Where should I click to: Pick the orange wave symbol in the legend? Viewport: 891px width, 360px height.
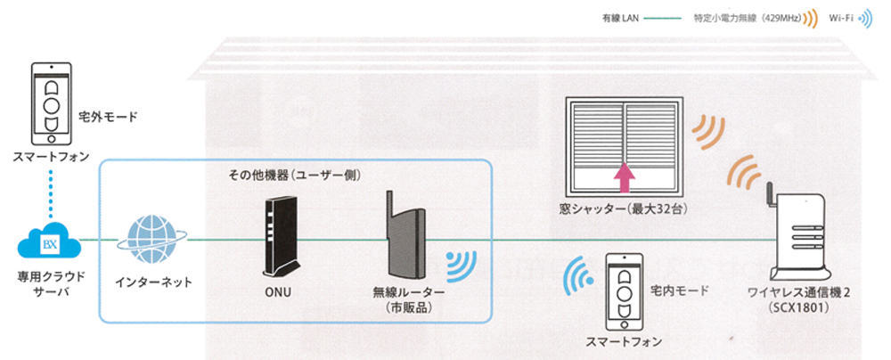[x=812, y=17]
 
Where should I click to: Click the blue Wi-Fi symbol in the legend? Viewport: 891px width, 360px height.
[x=865, y=17]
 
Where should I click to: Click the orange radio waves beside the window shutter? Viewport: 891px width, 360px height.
[x=709, y=135]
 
